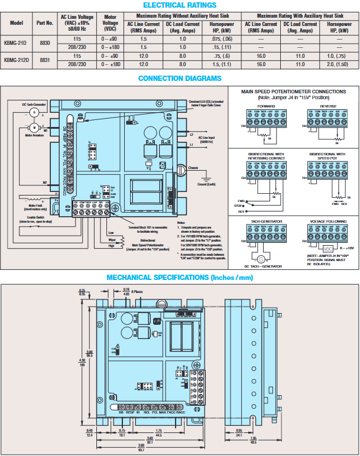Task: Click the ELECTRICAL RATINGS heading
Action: pyautogui.click(x=179, y=5)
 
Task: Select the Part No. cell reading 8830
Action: pyautogui.click(x=45, y=43)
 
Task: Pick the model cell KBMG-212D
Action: pyautogui.click(x=16, y=60)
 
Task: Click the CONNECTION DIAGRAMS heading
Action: pyautogui.click(x=179, y=78)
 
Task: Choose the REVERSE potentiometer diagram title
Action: pyautogui.click(x=328, y=106)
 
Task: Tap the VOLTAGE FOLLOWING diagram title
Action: pyautogui.click(x=325, y=221)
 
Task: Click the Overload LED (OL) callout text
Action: pyautogui.click(x=206, y=103)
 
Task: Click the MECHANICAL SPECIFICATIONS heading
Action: pyautogui.click(x=179, y=278)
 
